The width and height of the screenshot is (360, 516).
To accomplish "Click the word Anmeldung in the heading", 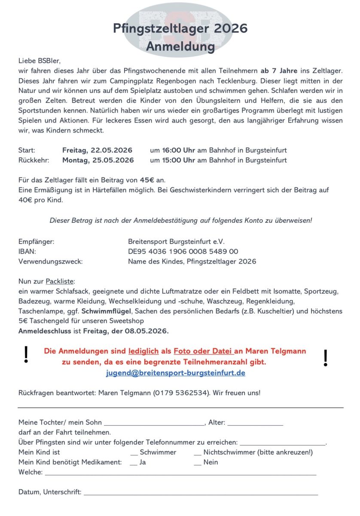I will pyautogui.click(x=180, y=46).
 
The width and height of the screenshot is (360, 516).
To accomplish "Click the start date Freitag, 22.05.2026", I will pyautogui.click(x=97, y=150).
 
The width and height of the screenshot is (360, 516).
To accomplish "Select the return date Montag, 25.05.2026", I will pyautogui.click(x=98, y=160).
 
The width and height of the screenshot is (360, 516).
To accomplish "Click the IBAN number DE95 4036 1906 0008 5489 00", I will pyautogui.click(x=183, y=252).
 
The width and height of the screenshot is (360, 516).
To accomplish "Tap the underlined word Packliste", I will pyautogui.click(x=60, y=282).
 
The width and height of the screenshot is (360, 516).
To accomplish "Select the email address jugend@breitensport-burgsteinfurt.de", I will pyautogui.click(x=176, y=373).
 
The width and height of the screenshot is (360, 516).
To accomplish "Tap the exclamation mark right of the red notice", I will pyautogui.click(x=325, y=358).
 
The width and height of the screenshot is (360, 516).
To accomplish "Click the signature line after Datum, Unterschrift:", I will pyautogui.click(x=201, y=493).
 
